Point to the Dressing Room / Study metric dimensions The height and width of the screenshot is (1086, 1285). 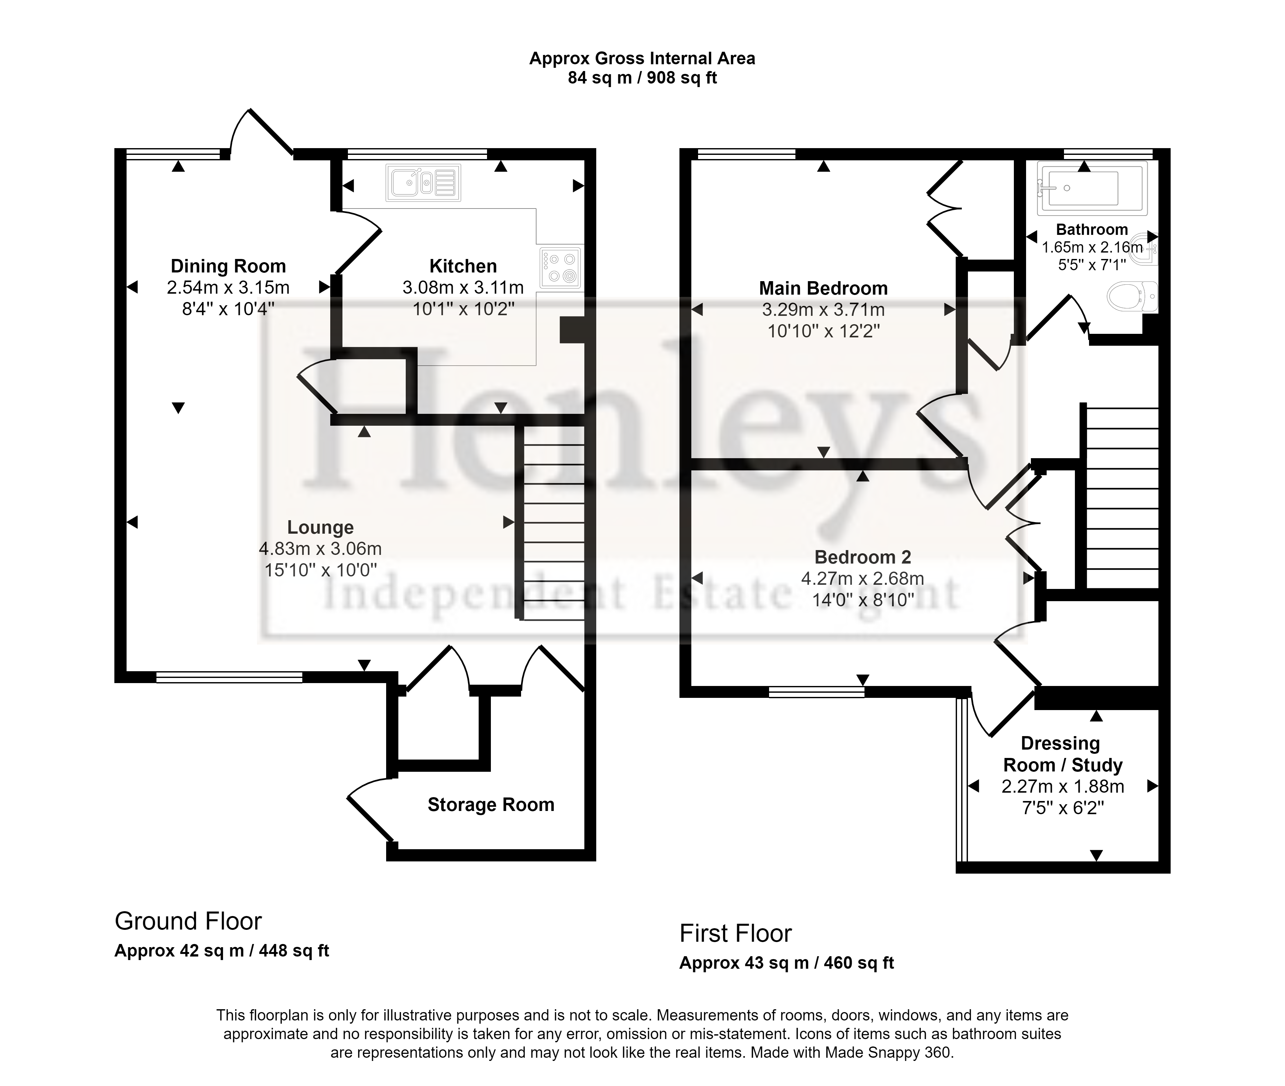(1062, 786)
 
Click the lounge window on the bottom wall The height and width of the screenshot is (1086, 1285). (229, 677)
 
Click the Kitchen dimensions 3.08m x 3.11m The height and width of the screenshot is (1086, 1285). (463, 288)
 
